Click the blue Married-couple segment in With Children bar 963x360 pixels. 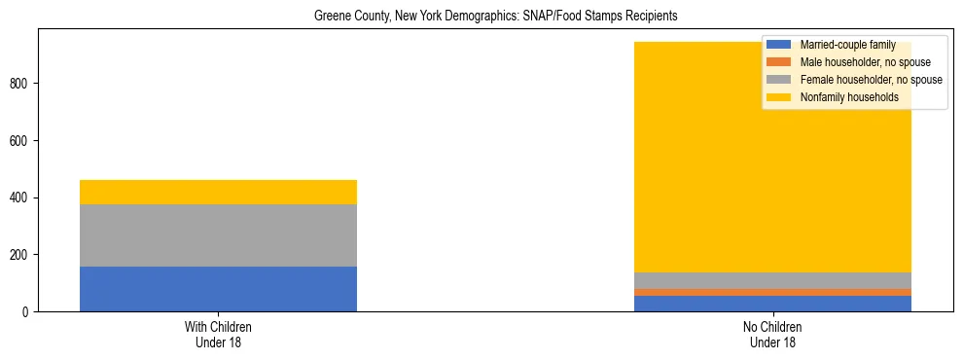(218, 289)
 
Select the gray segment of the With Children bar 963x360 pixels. (218, 235)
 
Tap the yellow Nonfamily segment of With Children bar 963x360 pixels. (218, 192)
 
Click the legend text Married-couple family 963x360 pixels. (847, 45)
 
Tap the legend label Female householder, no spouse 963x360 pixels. (871, 80)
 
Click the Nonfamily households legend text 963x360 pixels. (849, 97)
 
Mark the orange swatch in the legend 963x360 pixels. (779, 62)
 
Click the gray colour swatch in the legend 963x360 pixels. (779, 80)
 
